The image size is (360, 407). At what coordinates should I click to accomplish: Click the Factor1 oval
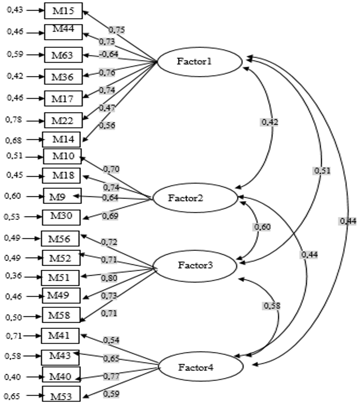200,62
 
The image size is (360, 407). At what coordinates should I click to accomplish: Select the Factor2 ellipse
194,197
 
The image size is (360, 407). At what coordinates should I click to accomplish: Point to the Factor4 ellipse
201,368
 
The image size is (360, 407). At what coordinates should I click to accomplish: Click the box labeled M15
63,11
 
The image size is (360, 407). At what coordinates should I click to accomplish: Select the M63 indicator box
63,55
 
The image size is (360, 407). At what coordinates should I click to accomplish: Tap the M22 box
63,120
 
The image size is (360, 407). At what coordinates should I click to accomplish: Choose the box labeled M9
63,196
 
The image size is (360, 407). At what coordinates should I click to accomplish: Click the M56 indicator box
60,238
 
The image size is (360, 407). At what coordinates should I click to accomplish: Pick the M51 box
60,277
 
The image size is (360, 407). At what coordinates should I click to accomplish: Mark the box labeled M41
60,336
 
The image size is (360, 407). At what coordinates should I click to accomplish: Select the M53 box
61,395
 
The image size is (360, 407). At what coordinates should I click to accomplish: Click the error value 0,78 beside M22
14,119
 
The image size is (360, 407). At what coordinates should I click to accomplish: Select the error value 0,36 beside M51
13,276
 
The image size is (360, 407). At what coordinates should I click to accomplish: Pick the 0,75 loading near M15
116,30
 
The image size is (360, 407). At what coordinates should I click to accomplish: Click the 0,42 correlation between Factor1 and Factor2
270,122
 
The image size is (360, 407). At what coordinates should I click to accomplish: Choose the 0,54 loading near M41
112,340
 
